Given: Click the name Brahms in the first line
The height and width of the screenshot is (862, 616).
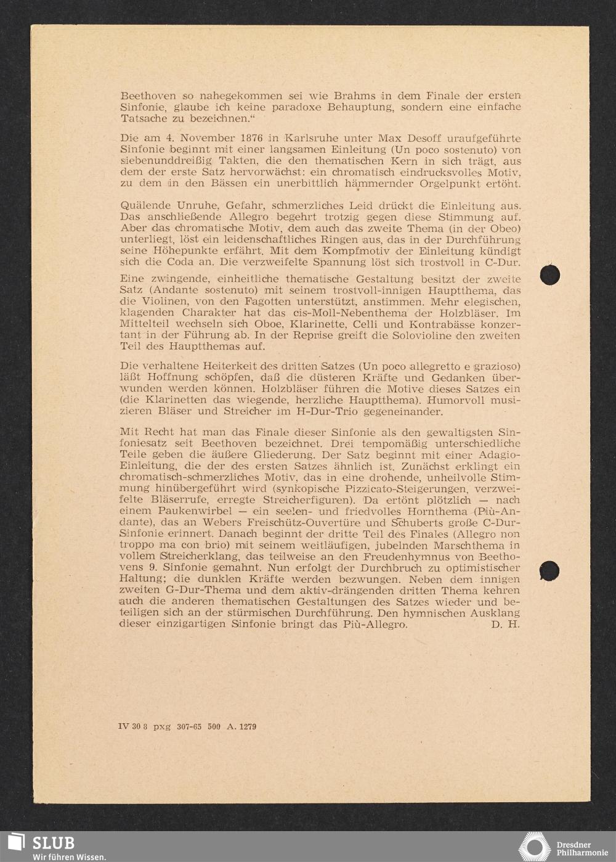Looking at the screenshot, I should pos(354,96).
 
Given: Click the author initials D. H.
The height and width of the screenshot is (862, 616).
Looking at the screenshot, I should pos(506,625).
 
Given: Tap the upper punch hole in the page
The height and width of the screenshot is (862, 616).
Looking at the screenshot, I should pos(549,275).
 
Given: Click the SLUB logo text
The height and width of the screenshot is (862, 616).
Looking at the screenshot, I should pos(53,842).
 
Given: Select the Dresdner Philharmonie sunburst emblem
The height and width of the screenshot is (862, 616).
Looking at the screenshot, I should pos(534,846).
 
